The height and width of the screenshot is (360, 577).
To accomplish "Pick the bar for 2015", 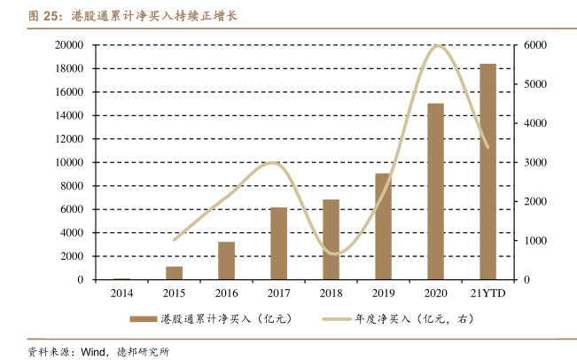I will tap(174, 273).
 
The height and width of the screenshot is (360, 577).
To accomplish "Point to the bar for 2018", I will tap(331, 239).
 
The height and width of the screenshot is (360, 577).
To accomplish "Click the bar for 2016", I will tap(226, 261).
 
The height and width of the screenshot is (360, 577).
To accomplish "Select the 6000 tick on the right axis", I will tap(536, 45).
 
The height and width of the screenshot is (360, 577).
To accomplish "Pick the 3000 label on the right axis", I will tap(536, 162).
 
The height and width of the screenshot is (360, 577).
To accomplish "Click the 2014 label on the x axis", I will tap(121, 293).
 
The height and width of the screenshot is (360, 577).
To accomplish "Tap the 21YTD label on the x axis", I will tap(487, 293).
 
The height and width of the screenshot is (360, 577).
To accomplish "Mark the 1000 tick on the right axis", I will tap(536, 240).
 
